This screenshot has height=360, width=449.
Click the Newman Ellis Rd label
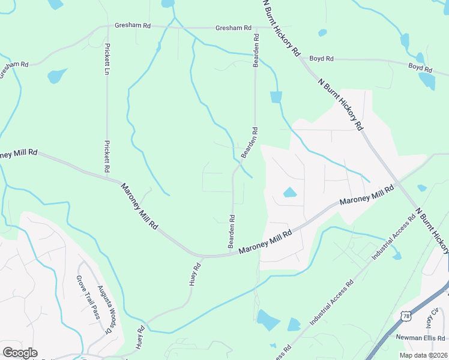coord(420,338)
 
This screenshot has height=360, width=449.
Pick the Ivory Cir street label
coord(432,317)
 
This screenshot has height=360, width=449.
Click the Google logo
coord(20,353)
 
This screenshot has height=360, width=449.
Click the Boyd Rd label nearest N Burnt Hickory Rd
coord(321,59)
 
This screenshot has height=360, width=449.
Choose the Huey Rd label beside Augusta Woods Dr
coord(142,338)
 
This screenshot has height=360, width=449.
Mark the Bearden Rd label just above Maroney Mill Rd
coord(231,232)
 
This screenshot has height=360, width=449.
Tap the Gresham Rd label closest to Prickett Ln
coord(133,27)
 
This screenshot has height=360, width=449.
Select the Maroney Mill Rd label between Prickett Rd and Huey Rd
coord(139,206)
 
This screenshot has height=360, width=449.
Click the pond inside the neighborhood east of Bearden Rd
coord(289,193)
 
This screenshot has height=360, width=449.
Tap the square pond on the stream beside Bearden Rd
coord(276,97)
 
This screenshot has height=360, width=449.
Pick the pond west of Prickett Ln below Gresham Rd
coord(57,76)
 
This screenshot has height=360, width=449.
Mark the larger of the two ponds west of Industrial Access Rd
coord(268,320)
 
